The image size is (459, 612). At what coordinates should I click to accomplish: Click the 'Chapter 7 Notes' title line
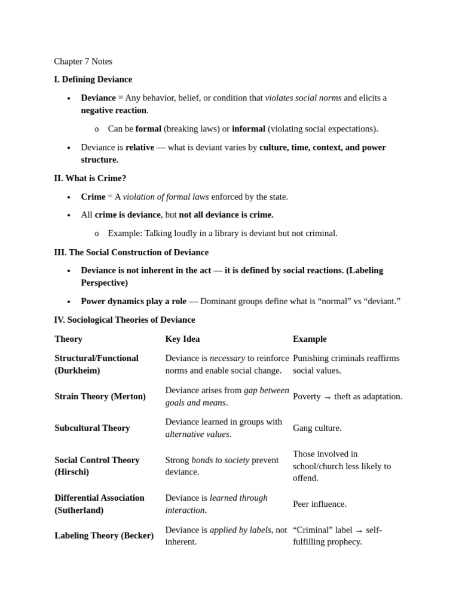[83, 61]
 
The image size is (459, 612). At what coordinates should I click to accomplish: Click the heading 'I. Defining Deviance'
[93, 79]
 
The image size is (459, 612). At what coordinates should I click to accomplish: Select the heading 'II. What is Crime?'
[90, 178]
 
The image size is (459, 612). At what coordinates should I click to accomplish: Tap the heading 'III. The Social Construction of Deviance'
[131, 252]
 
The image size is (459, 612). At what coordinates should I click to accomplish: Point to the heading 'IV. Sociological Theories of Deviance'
[124, 320]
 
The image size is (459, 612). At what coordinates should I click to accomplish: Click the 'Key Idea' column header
[182, 339]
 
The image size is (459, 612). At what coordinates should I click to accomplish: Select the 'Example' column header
[310, 339]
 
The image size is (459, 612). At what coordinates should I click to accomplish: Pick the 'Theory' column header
[68, 339]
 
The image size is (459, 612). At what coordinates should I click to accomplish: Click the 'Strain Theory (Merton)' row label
[100, 396]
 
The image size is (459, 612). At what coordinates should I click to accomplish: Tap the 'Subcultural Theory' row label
[92, 428]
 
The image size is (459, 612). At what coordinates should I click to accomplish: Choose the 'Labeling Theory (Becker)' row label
[104, 535]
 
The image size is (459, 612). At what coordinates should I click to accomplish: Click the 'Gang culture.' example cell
[317, 428]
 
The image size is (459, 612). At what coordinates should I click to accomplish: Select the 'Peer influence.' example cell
[319, 504]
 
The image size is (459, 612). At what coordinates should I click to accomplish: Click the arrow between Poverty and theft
[328, 397]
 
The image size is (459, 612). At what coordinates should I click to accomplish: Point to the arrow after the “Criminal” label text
[359, 530]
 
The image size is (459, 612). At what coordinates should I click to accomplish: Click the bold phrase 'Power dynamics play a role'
[133, 301]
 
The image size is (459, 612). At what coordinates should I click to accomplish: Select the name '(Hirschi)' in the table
[72, 472]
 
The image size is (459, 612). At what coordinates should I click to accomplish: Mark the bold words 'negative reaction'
[114, 110]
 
